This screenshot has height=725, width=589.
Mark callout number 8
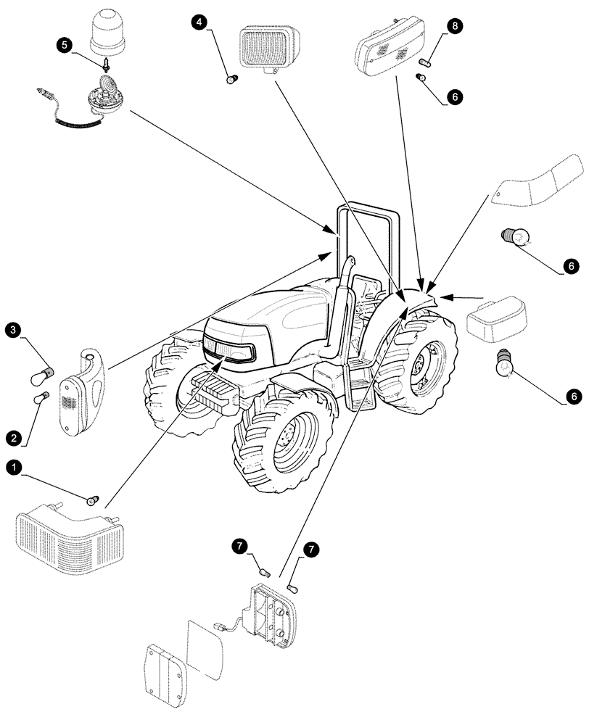[x=455, y=27]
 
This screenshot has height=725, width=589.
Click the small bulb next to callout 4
[x=231, y=79]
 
